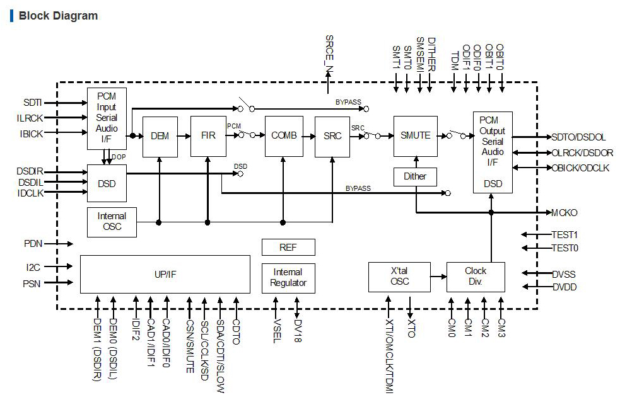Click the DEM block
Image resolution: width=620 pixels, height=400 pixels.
(x=160, y=136)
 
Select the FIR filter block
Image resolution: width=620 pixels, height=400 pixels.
(x=208, y=136)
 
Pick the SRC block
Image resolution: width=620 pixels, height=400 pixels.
(x=332, y=136)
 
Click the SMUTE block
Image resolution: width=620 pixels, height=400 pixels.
(x=415, y=136)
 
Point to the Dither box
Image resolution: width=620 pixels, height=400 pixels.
(x=415, y=176)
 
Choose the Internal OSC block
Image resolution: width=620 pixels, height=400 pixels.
(x=112, y=222)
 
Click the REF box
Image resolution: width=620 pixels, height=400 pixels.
(x=288, y=248)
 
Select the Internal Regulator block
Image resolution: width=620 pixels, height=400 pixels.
(x=288, y=278)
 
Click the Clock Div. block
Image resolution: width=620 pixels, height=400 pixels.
(x=476, y=277)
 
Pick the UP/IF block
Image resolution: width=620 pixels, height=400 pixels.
(x=165, y=274)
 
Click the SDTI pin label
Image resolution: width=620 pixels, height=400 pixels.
(x=32, y=103)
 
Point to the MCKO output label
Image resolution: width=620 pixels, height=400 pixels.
(x=564, y=213)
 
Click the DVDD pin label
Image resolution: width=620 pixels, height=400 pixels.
(x=564, y=287)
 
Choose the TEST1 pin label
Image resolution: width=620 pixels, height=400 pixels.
(x=564, y=234)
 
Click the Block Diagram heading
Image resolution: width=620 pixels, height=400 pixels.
(x=58, y=16)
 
